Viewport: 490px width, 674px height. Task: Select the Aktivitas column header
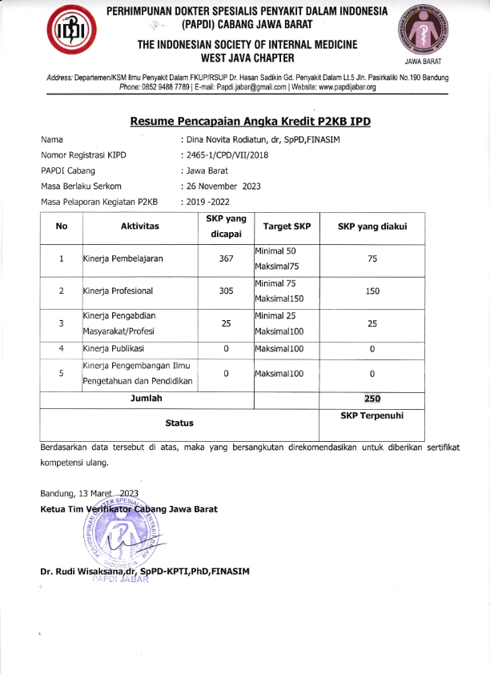(139, 227)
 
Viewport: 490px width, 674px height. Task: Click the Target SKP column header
(287, 227)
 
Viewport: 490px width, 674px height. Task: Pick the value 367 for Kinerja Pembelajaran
(226, 259)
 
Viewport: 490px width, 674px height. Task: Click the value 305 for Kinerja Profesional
(226, 291)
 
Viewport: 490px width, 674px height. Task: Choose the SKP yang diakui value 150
(372, 291)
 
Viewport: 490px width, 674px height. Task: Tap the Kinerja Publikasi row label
(113, 350)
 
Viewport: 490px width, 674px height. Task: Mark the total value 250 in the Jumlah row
(372, 398)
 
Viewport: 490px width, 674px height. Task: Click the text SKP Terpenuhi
(372, 415)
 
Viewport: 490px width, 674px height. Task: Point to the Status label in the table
(179, 422)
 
